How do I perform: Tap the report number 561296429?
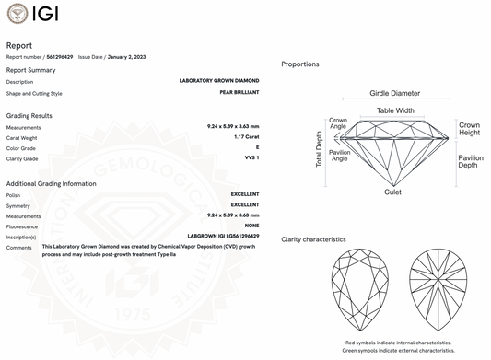[x=59, y=57]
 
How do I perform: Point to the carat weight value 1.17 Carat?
[x=246, y=137]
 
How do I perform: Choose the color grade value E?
[x=257, y=147]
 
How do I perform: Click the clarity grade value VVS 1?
[x=251, y=158]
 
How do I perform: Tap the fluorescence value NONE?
[x=251, y=226]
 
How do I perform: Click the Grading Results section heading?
[x=29, y=116]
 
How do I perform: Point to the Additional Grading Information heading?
[x=52, y=183]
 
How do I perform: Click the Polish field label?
[x=14, y=194]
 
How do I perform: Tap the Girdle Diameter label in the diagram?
[x=394, y=94]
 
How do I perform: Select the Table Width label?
[x=395, y=110]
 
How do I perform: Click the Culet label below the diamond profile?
[x=392, y=192]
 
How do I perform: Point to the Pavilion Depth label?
[x=471, y=162]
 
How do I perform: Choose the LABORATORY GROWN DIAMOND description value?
[x=219, y=82]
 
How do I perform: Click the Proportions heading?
[x=300, y=64]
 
